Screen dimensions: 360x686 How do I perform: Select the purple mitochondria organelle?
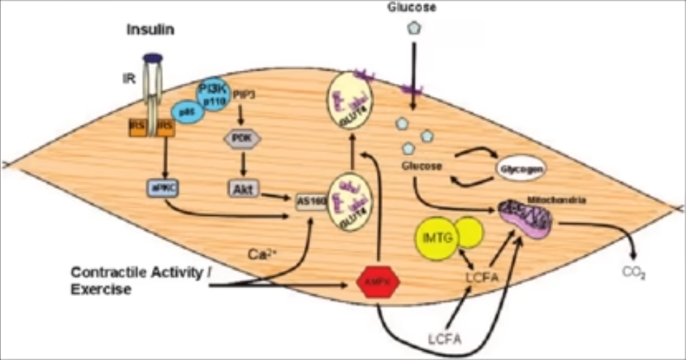coord(527,216)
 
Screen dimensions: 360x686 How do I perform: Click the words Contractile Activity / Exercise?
coord(140,281)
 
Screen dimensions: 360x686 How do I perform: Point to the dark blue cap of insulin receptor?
coord(152,57)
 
